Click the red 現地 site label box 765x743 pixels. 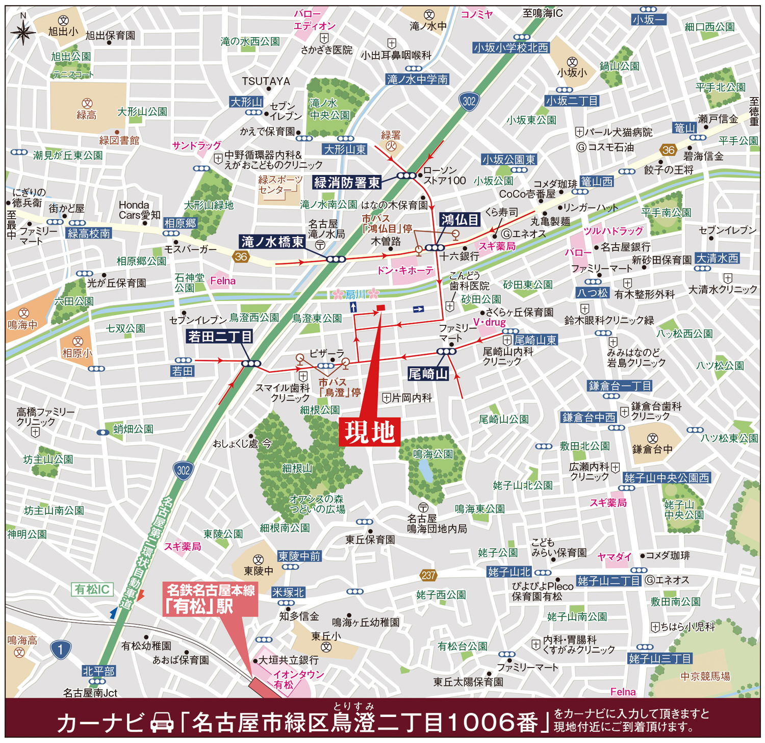tap(369, 432)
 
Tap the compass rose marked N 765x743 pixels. tap(23, 32)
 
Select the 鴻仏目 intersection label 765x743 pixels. tap(460, 220)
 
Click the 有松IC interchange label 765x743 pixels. tap(92, 590)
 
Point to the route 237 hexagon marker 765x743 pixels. tap(428, 575)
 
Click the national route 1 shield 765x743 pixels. tap(60, 649)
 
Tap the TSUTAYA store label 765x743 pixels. tap(266, 82)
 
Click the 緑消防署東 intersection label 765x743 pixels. tap(347, 182)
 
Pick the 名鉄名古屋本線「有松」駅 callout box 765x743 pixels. tap(211, 599)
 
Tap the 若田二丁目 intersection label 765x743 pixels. tap(220, 337)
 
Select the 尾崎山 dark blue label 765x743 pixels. tap(428, 374)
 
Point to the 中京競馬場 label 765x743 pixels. tap(705, 676)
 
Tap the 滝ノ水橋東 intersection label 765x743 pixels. tap(272, 242)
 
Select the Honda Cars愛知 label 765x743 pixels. tap(139, 210)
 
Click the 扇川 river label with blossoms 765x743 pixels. tap(355, 294)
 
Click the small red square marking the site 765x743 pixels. tap(380, 308)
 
